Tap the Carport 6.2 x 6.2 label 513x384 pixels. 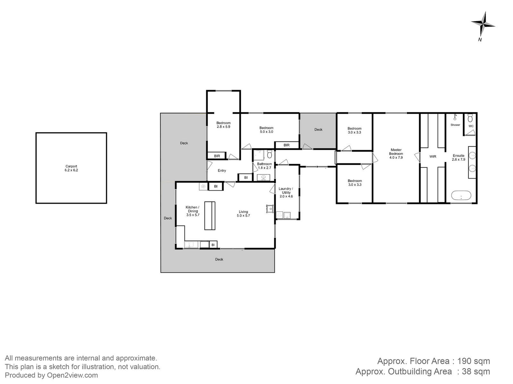click(x=71, y=168)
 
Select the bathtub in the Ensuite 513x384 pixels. click(x=461, y=196)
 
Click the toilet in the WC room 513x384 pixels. click(x=470, y=118)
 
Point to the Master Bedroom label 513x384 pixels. click(x=396, y=154)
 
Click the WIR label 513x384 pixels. click(x=433, y=157)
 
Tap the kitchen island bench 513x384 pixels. click(x=210, y=216)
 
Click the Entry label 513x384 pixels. click(x=222, y=171)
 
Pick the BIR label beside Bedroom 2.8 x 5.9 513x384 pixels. click(x=217, y=156)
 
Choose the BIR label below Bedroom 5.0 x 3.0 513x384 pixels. click(x=287, y=145)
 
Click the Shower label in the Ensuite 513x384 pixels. click(x=455, y=125)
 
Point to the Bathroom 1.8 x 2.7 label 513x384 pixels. click(x=264, y=166)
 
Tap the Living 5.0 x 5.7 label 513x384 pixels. click(x=243, y=213)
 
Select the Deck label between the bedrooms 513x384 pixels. click(x=318, y=129)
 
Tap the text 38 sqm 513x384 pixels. click(x=476, y=372)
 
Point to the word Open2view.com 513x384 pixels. click(x=72, y=375)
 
